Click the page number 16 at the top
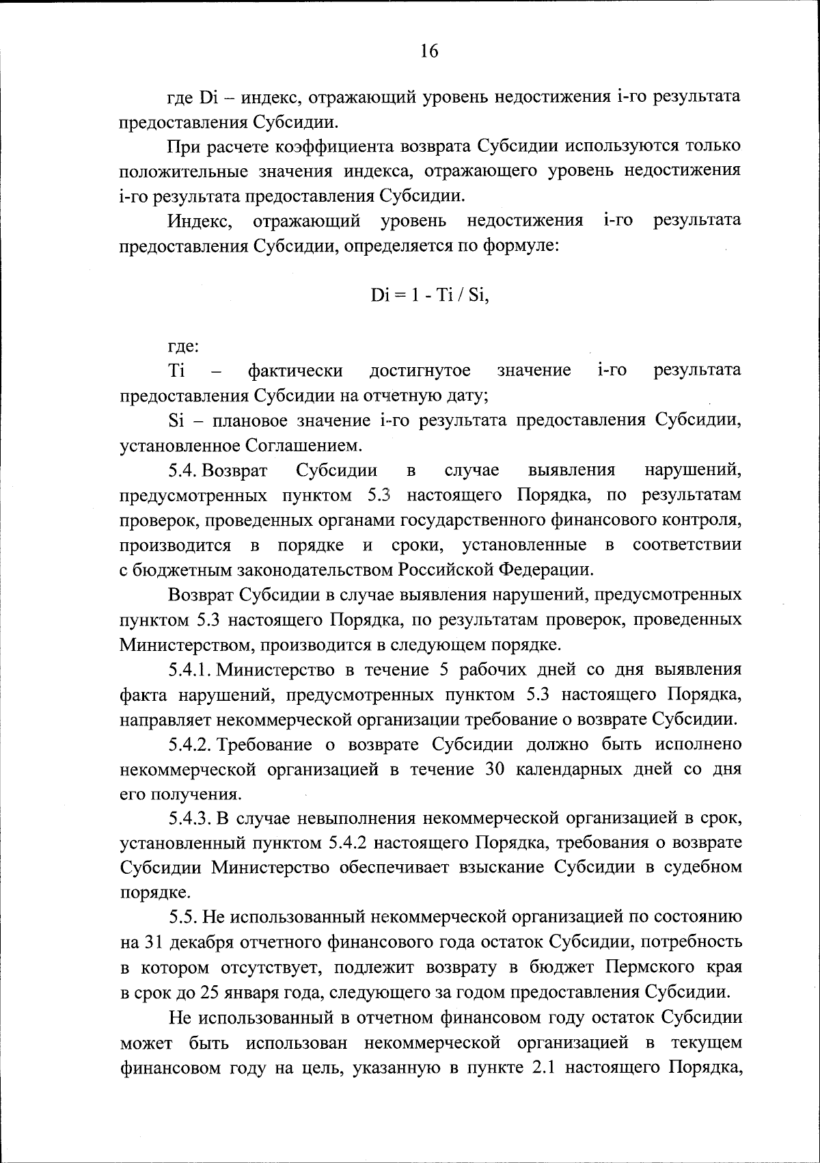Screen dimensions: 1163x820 click(429, 51)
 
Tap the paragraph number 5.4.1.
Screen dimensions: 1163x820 click(191, 669)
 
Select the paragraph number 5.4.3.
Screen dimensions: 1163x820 click(191, 818)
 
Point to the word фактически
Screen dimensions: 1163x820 click(295, 371)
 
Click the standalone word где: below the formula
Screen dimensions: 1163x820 click(184, 347)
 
